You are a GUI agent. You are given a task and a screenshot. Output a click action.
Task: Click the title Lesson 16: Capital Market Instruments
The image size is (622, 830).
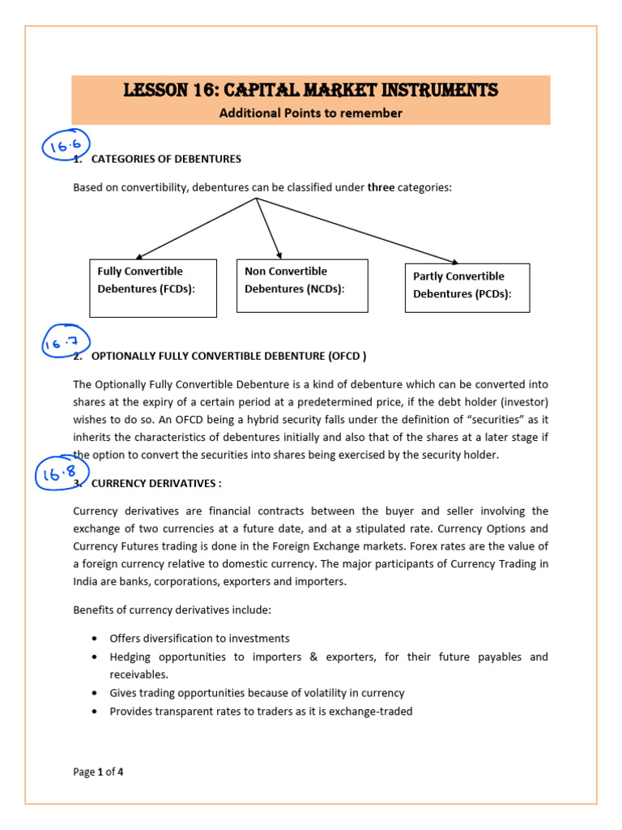click(x=310, y=90)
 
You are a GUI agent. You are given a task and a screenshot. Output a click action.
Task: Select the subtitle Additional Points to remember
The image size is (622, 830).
click(x=310, y=113)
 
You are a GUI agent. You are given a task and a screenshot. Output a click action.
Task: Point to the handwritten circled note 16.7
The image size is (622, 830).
click(x=66, y=344)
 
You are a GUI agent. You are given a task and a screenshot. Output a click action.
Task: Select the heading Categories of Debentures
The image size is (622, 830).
click(x=166, y=159)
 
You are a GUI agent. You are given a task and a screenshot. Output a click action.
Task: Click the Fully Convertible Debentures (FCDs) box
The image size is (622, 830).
click(x=152, y=287)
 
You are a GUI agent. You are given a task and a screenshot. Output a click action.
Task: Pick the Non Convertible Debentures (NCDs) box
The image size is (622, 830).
click(x=301, y=285)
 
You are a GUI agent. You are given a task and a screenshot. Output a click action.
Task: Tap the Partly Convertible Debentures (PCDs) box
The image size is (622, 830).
click(x=466, y=287)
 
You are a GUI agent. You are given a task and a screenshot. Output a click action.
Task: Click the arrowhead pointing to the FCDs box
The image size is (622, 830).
click(x=139, y=256)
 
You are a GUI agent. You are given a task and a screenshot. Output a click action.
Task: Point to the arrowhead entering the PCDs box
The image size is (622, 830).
click(x=454, y=262)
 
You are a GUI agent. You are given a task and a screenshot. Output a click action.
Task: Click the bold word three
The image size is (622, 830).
click(x=381, y=187)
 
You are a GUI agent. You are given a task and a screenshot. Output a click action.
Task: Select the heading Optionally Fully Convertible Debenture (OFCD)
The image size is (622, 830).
click(x=229, y=356)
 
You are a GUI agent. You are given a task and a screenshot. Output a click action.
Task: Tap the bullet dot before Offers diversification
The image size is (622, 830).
click(x=96, y=639)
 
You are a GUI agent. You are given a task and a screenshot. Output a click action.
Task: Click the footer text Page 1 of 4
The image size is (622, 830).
click(x=98, y=772)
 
